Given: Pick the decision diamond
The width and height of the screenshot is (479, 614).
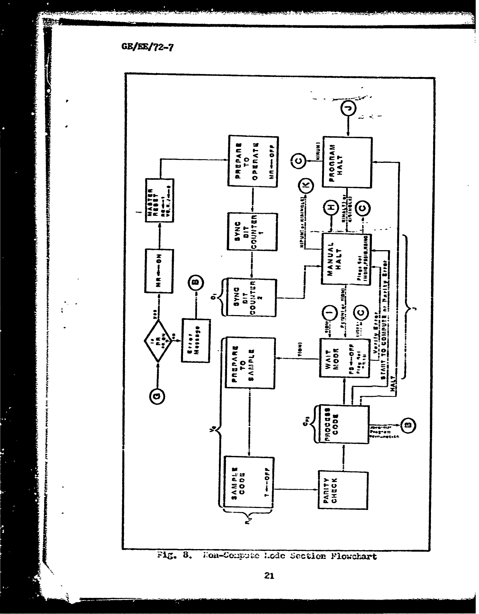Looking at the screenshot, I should (158, 341).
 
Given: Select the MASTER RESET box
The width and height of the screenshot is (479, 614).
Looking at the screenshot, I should (160, 200).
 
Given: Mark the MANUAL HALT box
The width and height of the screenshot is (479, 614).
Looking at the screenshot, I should (346, 259).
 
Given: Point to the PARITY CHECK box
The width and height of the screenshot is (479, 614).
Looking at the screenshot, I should (343, 489).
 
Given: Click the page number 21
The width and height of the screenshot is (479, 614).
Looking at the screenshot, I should (270, 576).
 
